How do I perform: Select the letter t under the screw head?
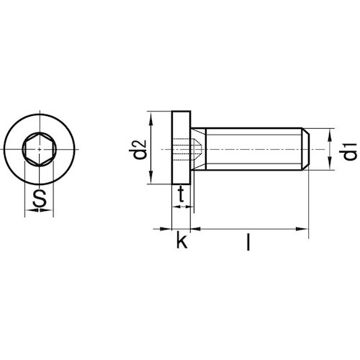181,194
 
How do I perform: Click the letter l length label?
248,243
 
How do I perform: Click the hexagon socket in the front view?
40,149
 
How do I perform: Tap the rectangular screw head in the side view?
181,148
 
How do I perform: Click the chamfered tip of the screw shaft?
306,149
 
